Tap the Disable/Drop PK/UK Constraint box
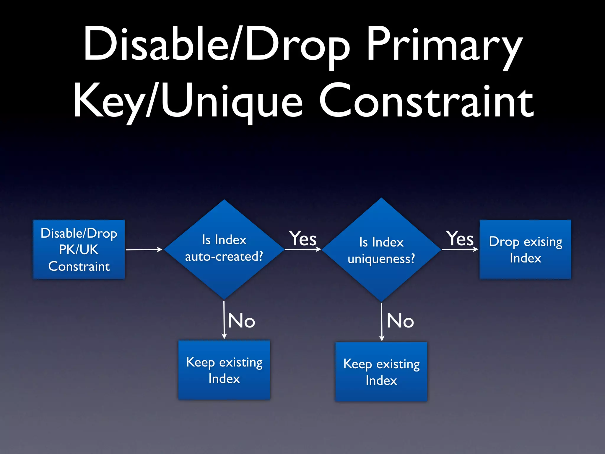click(79, 249)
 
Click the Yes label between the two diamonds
click(302, 238)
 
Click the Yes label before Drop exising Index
click(460, 238)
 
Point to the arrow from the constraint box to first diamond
click(144, 249)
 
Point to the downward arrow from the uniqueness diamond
click(381, 322)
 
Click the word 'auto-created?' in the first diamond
click(224, 257)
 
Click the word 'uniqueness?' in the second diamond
click(381, 259)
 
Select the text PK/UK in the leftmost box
click(79, 250)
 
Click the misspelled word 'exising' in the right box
click(543, 242)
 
